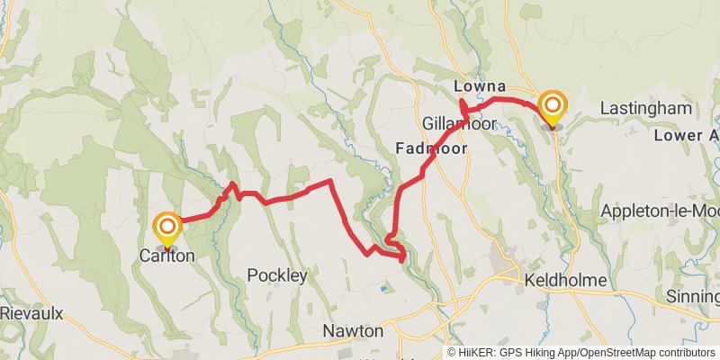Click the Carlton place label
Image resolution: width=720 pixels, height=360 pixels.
(166, 256)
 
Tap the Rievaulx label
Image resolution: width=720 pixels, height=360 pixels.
(31, 313)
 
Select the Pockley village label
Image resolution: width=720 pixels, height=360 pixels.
(277, 275)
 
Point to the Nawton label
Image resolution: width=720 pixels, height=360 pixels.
(353, 331)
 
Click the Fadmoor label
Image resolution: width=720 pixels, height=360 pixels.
(431, 148)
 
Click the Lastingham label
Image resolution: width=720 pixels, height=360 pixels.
(646, 109)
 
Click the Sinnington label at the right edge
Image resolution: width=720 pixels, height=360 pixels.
(693, 297)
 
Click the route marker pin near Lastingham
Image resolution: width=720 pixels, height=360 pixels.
(552, 107)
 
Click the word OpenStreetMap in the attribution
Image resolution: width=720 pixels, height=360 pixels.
(611, 353)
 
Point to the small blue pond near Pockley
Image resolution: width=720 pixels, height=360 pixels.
(386, 290)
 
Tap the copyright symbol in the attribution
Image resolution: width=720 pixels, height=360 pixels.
(452, 353)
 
